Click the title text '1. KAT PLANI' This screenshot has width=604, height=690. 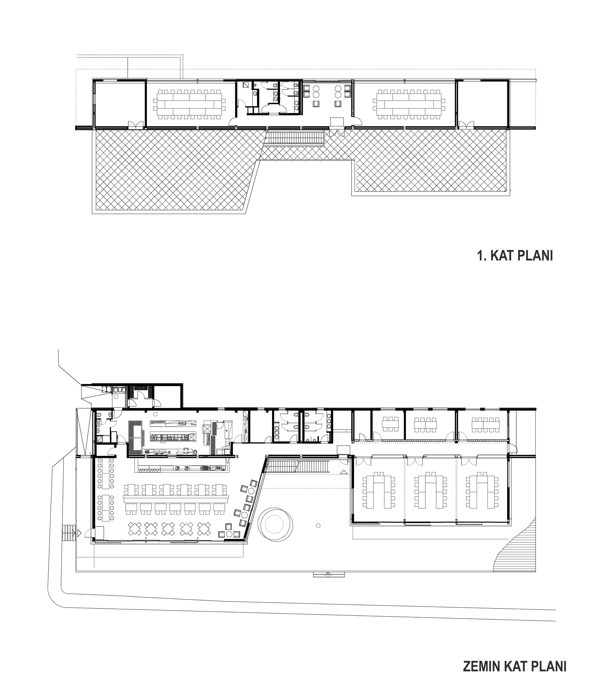point(515,256)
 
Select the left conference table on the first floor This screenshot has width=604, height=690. point(189,104)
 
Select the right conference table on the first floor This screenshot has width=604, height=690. point(409,104)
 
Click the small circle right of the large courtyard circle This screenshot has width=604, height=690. point(318,525)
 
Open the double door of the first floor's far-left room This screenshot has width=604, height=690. point(137,125)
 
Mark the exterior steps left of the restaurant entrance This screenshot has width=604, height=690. point(69,533)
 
